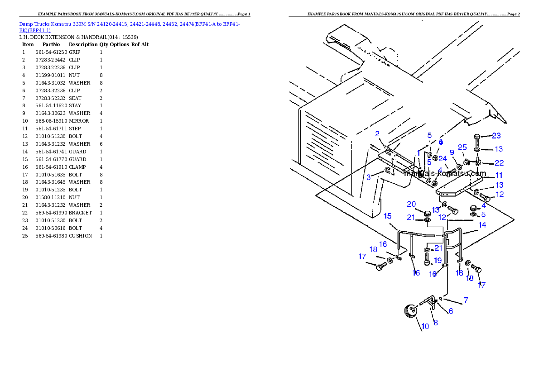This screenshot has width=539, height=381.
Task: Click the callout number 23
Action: tap(496, 135)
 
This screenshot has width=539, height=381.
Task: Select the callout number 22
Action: tap(499, 162)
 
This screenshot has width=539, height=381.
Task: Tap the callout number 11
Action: tap(499, 175)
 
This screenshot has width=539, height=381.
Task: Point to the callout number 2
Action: tap(377, 133)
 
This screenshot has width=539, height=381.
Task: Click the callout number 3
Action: tap(369, 177)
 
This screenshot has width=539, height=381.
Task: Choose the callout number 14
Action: tap(482, 224)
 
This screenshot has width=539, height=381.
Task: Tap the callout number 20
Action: tap(411, 204)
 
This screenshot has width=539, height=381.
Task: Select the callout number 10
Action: tap(425, 326)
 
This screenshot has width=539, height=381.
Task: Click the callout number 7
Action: tap(466, 300)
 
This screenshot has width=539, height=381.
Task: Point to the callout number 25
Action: tap(462, 147)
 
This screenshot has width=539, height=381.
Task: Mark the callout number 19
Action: tap(438, 260)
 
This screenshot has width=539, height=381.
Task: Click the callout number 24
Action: tap(443, 159)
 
